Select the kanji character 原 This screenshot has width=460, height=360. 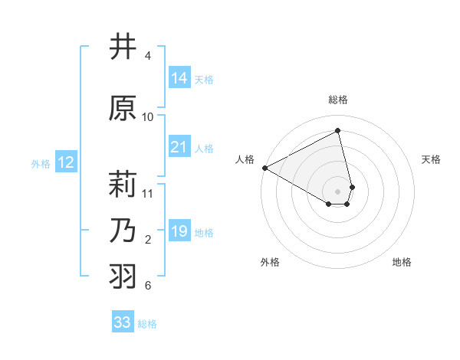coord(123,108)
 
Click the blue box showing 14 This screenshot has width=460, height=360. coord(179,77)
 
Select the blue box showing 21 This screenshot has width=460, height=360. coord(179,147)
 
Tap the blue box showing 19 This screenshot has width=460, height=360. coord(179,231)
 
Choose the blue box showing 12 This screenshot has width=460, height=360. coord(65,162)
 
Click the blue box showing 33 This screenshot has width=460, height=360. coord(122,322)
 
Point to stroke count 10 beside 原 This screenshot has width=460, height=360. coord(148,116)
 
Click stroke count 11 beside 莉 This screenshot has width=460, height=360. coord(148,193)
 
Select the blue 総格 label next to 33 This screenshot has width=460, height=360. coord(147,324)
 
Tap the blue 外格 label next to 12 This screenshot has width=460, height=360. coord(41,163)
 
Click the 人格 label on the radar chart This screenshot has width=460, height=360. coord(245,159)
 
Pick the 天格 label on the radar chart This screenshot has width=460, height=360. coord(431,159)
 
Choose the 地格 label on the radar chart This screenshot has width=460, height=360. coord(402,262)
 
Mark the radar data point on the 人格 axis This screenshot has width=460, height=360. coord(264,167)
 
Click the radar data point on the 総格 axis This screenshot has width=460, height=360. coord(338,130)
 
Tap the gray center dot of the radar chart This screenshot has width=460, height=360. coord(338,191)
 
